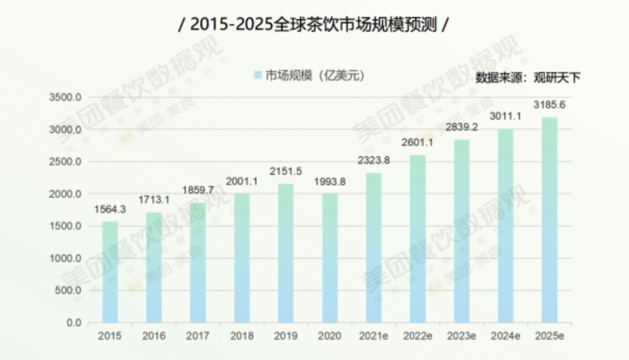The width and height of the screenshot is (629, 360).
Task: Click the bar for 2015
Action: coord(110,271)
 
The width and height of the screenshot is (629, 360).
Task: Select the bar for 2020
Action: coord(330,257)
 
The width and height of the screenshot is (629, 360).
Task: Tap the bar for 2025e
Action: coord(549,220)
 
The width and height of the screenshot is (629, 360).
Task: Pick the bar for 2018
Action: coord(242,257)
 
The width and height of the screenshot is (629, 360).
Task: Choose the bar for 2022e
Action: coord(418,238)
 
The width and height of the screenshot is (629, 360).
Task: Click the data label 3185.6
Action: coord(549,105)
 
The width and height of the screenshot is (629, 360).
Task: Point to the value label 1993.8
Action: coord(330,182)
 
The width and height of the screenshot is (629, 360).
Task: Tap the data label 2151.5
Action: coord(285,172)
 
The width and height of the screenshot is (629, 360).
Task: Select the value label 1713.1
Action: coord(154,200)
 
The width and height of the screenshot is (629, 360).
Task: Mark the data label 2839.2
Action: coord(461,128)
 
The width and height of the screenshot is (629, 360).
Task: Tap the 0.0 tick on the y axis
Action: coord(73,323)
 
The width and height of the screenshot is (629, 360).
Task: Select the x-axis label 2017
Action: coord(198,336)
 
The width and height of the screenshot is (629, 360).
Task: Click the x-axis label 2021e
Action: coord(373,336)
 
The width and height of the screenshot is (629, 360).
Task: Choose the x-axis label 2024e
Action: coord(505,336)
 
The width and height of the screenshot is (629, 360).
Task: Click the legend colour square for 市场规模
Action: coord(258,75)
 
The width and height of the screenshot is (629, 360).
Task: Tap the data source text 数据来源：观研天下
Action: coord(528,77)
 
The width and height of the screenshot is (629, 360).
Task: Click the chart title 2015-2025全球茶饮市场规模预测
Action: coord(314,25)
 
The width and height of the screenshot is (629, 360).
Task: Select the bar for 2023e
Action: coord(461,231)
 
